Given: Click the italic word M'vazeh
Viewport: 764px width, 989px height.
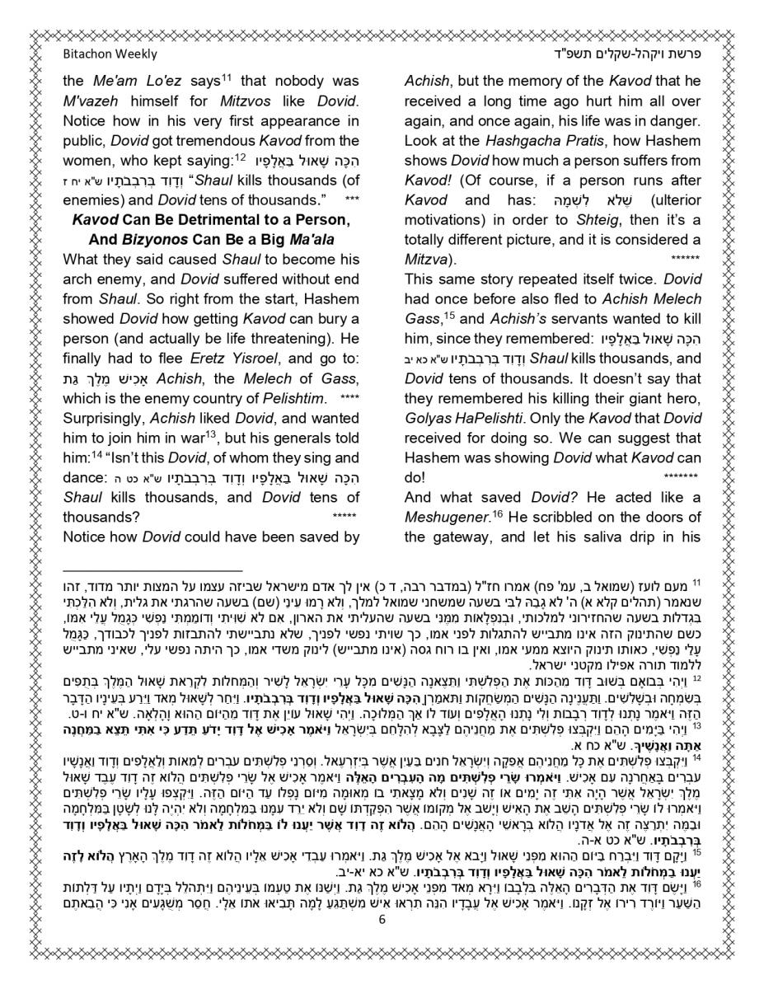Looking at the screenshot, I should pos(93,101).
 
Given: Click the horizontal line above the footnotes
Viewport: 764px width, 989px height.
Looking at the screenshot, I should pos(152,569).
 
